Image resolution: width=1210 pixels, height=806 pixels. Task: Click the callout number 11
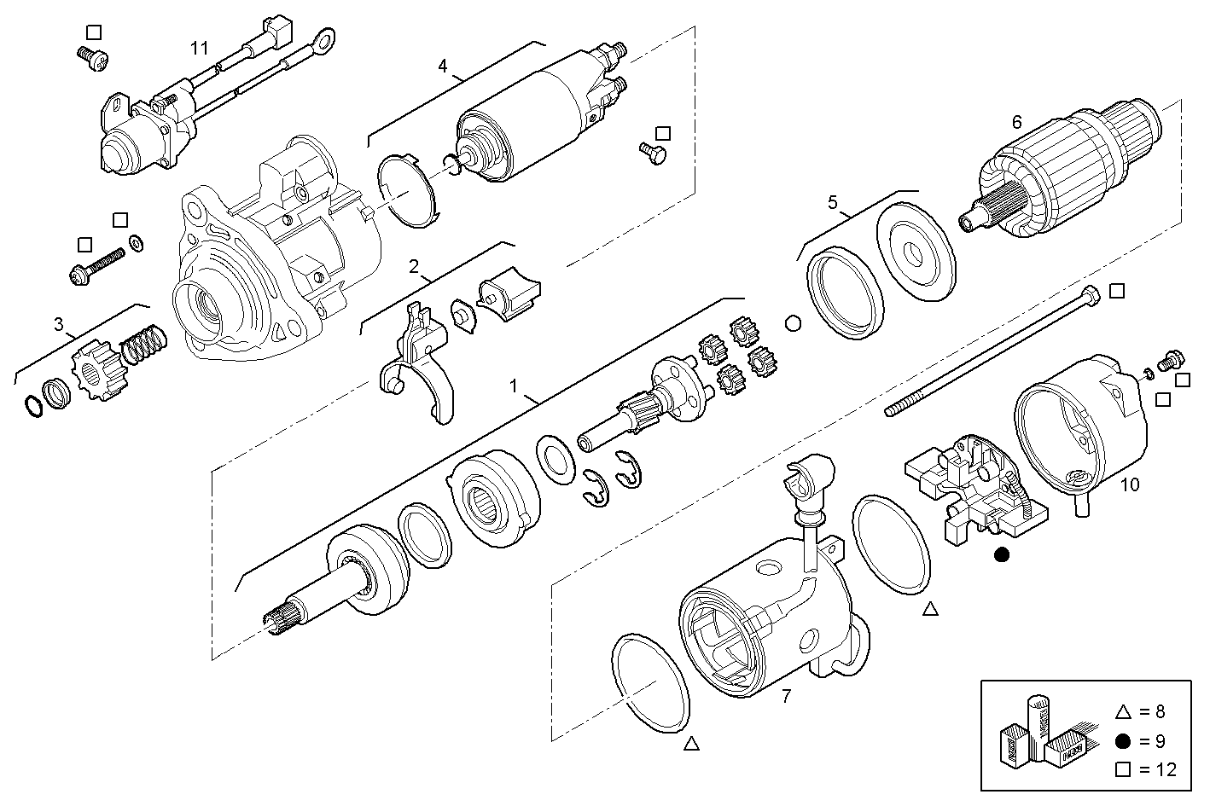coord(199,48)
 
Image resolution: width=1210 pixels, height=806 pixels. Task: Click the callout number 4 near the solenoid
coord(442,66)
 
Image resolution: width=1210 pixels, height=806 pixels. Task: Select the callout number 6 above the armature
coord(1016,122)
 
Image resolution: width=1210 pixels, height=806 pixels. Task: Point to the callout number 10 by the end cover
coord(1129,485)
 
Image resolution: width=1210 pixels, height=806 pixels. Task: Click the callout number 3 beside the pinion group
coord(58,324)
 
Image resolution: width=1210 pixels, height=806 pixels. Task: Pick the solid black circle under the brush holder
coord(1002,555)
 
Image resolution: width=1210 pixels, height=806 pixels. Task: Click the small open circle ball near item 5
coord(792,323)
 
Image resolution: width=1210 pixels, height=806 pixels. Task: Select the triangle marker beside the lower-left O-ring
coord(691,744)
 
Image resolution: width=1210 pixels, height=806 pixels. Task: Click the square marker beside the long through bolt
coord(1117,291)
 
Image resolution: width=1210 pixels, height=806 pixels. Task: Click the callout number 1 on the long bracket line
coord(514,386)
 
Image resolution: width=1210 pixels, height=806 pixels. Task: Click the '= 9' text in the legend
coord(1153,741)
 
